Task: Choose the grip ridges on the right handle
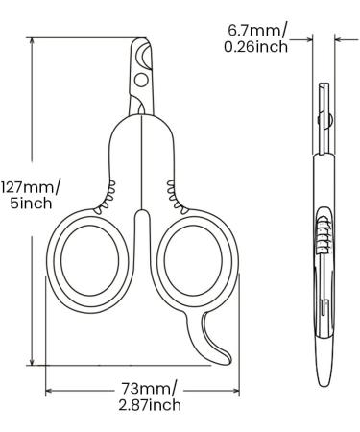click(x=174, y=189)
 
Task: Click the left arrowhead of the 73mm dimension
click(x=48, y=390)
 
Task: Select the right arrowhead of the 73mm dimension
click(x=238, y=390)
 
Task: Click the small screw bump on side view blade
click(x=329, y=121)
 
